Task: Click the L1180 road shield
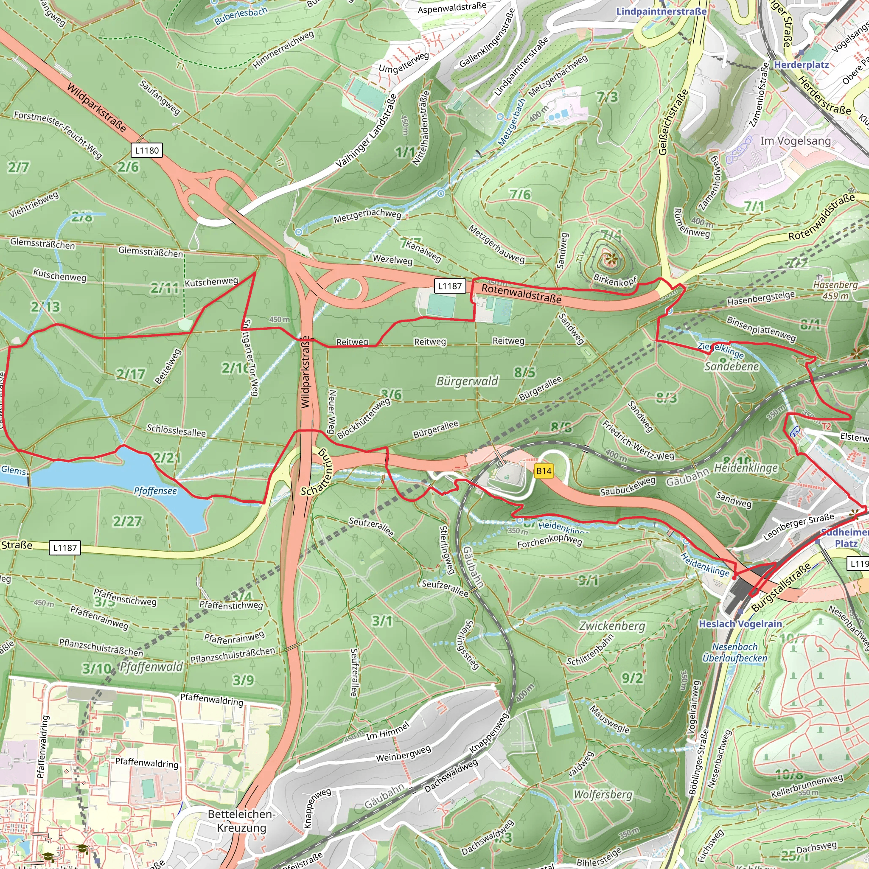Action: point(147,150)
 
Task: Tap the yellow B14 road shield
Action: point(544,471)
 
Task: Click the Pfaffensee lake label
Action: point(155,491)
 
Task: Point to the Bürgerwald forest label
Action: point(467,381)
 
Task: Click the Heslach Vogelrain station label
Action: point(740,624)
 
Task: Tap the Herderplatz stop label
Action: point(801,65)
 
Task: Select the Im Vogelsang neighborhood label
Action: point(795,141)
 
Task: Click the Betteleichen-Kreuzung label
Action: point(241,821)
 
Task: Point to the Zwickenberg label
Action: point(612,626)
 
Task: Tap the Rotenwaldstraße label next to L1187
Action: point(521,293)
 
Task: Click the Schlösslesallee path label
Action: point(177,430)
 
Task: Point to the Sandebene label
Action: point(732,367)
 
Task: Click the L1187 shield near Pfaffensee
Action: point(65,547)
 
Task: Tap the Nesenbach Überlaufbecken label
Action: point(735,652)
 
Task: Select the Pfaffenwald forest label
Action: point(151,667)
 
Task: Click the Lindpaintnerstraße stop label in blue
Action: point(661,11)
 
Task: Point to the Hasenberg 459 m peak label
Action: point(835,290)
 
